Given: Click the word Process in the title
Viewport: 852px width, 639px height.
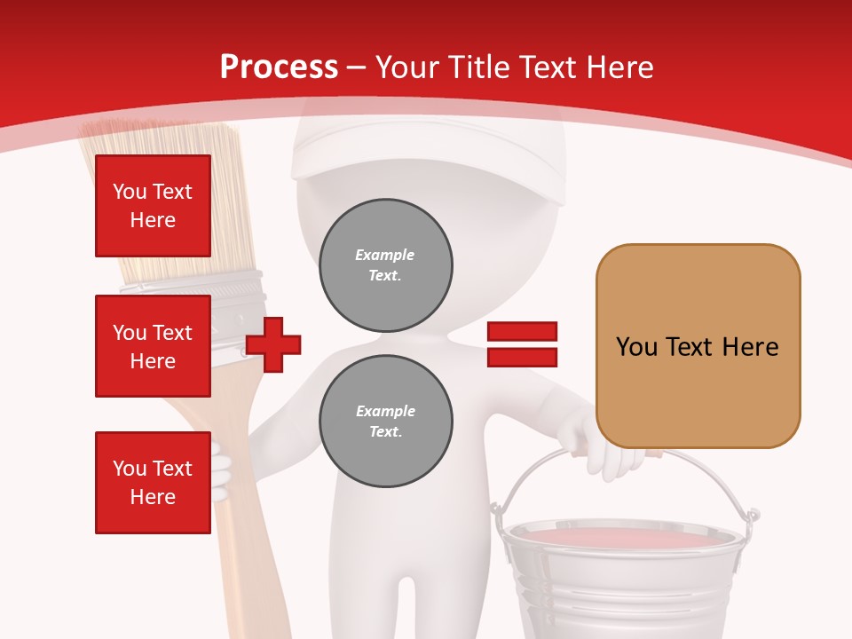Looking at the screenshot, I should [x=279, y=67].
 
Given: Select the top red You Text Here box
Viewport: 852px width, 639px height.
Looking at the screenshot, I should [x=153, y=206].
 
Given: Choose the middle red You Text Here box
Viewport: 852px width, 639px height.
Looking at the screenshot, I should [x=153, y=346].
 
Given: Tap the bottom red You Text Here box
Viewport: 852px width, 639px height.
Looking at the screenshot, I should [x=153, y=483].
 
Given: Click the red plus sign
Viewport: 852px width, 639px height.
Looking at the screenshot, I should [x=273, y=345].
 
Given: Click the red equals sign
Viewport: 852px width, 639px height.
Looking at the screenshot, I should [x=522, y=344].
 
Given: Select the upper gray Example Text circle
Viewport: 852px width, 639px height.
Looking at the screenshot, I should [x=386, y=265].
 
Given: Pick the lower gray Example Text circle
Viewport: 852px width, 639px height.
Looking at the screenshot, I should [x=386, y=422].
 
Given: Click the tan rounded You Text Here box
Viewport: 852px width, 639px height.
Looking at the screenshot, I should [x=698, y=346].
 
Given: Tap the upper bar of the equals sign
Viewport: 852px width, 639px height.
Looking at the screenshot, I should [x=522, y=332].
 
